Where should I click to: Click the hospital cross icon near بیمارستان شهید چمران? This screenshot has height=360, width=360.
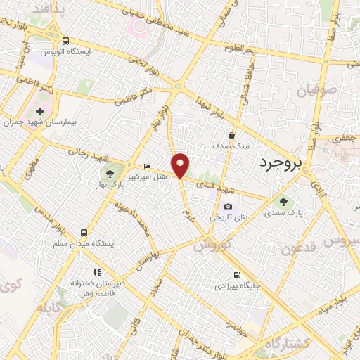(x=40, y=111)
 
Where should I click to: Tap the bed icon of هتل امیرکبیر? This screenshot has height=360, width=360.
(x=146, y=166)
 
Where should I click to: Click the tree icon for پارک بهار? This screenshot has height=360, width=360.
(x=110, y=174)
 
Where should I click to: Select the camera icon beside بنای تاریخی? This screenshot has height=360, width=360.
(x=228, y=206)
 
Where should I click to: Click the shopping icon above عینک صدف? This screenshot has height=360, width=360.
(x=232, y=135)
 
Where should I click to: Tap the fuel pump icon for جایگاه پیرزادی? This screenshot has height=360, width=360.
(x=236, y=275)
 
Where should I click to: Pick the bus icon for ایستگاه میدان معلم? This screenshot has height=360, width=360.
(x=84, y=232)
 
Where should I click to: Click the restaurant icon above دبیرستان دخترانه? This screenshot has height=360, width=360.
(x=97, y=271)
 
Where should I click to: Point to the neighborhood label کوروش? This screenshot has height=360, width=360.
(x=207, y=245)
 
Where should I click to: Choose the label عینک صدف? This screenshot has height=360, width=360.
(x=232, y=146)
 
